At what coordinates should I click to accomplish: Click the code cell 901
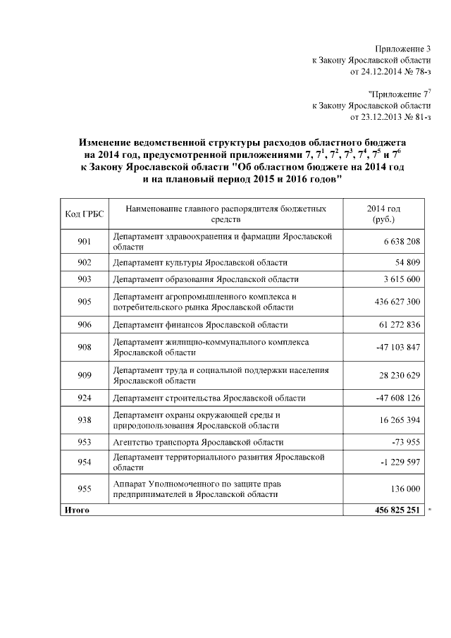pos(85,243)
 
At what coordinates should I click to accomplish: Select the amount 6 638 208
pos(402,243)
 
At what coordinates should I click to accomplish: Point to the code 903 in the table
pos(85,279)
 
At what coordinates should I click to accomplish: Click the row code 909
pos(85,375)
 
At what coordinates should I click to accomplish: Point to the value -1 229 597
pos(400,462)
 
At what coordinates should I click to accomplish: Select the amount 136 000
pos(404,489)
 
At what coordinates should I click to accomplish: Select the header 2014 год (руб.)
pos(384,214)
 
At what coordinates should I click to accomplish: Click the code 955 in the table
pos(85,488)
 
